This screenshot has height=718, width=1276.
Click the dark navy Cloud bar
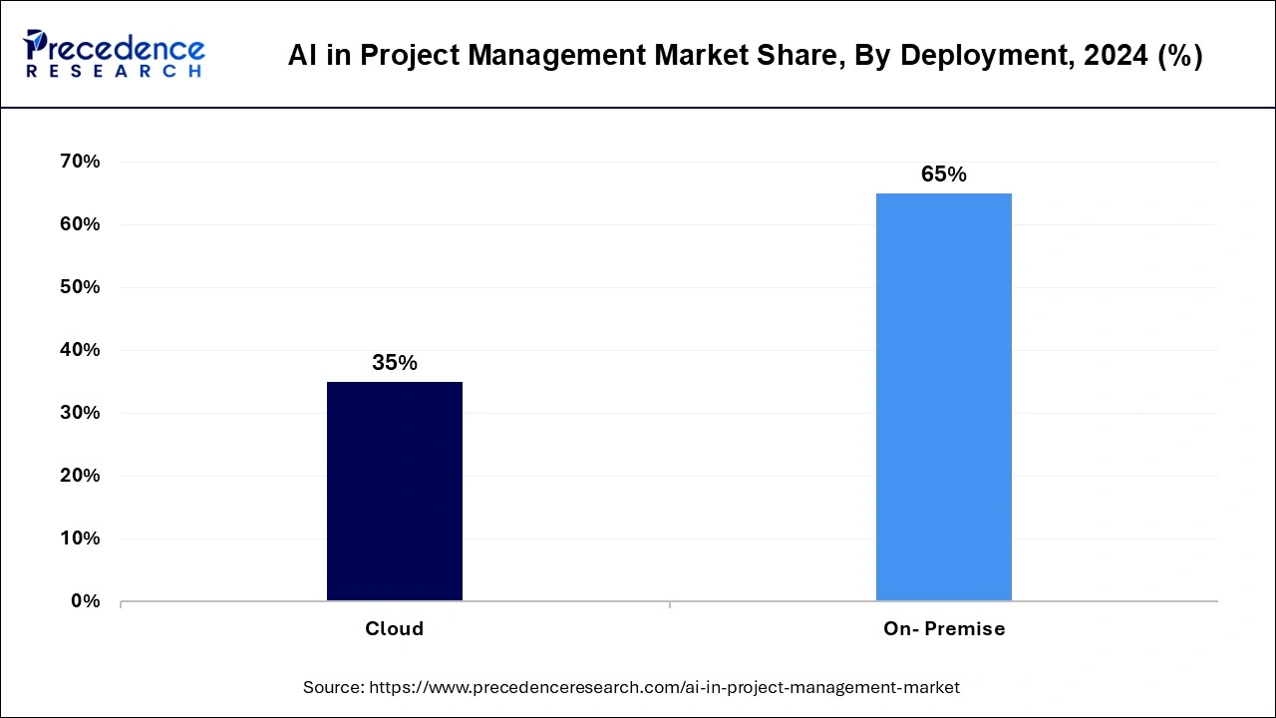pyautogui.click(x=395, y=491)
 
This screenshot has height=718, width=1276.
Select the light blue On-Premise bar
pyautogui.click(x=943, y=397)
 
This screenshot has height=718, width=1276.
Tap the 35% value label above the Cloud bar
pyautogui.click(x=395, y=363)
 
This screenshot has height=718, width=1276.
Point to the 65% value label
pyautogui.click(x=943, y=175)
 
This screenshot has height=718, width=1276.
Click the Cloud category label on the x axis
pyautogui.click(x=395, y=629)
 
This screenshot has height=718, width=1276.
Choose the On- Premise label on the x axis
pyautogui.click(x=943, y=629)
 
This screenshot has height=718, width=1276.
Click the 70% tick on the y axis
pyautogui.click(x=80, y=162)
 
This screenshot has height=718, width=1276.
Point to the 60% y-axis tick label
pyautogui.click(x=80, y=224)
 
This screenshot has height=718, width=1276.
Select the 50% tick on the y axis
pyautogui.click(x=80, y=287)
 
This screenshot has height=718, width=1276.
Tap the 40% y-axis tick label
pyautogui.click(x=80, y=350)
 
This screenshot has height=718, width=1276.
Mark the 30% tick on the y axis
pyautogui.click(x=80, y=413)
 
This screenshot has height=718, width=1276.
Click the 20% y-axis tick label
pyautogui.click(x=80, y=476)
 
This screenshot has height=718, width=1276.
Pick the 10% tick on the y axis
pyautogui.click(x=80, y=538)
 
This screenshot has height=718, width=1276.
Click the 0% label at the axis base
pyautogui.click(x=85, y=601)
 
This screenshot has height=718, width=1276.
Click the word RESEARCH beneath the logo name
pyautogui.click(x=114, y=72)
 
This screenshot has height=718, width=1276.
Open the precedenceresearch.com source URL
pyautogui.click(x=664, y=687)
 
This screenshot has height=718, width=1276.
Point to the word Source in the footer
pyautogui.click(x=332, y=687)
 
